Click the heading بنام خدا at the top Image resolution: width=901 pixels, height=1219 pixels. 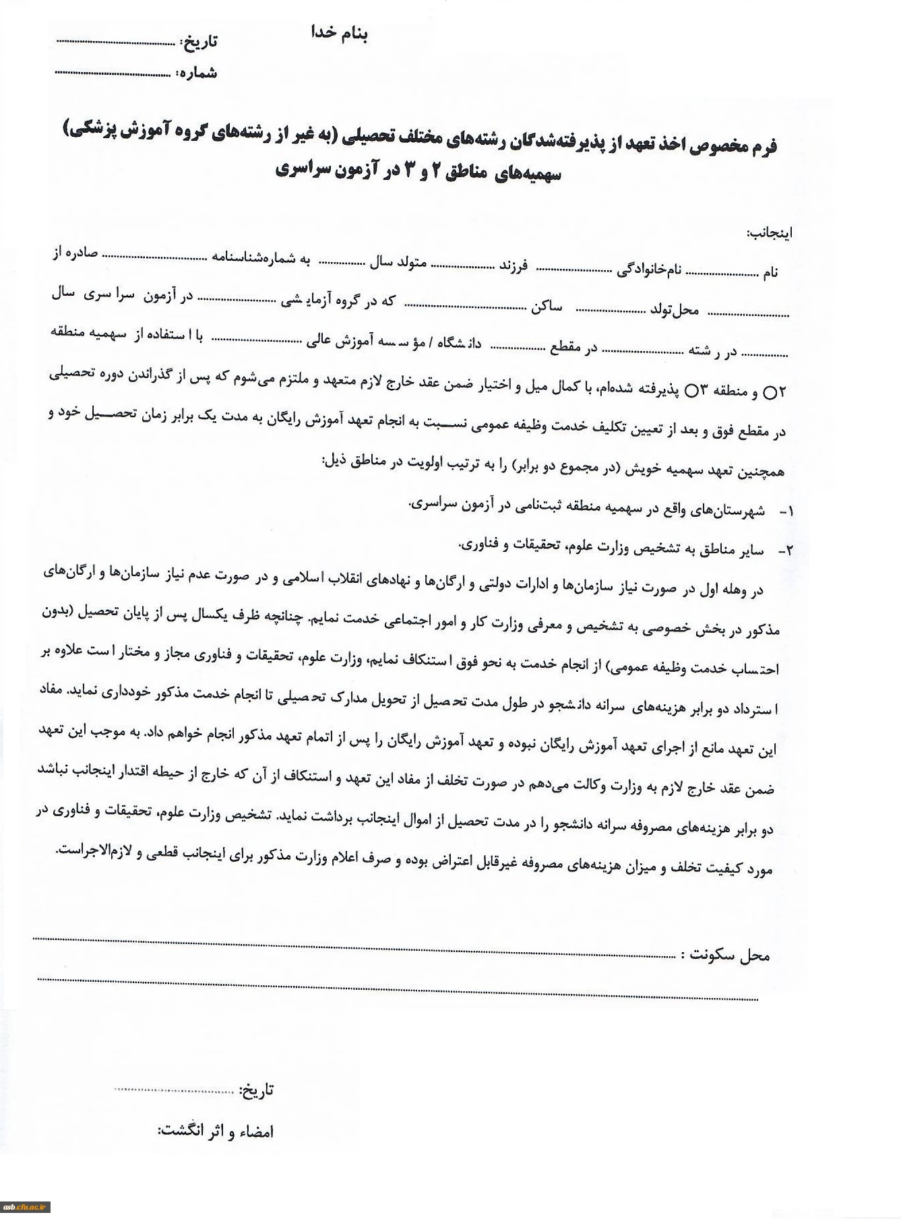(x=339, y=33)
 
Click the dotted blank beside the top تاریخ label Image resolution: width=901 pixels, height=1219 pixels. (x=115, y=42)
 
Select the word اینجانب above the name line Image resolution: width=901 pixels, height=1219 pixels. (x=769, y=233)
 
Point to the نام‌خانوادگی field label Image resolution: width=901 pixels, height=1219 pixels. (x=649, y=270)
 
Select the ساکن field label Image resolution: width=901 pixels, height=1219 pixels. (x=546, y=307)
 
